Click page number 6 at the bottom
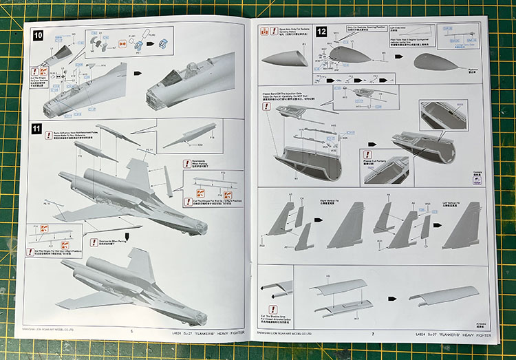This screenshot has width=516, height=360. [x=131, y=330]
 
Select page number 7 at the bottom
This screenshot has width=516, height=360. [x=372, y=334]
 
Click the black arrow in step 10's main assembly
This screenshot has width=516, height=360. [x=138, y=73]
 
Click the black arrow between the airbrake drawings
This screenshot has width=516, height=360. [x=390, y=298]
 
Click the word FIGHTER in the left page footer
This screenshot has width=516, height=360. [x=232, y=332]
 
